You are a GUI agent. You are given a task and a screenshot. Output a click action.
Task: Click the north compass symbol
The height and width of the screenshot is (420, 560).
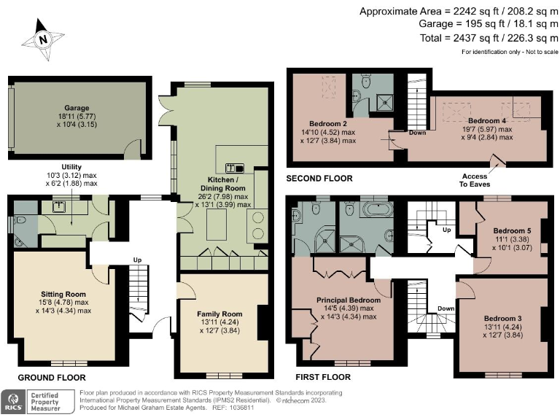(42, 40)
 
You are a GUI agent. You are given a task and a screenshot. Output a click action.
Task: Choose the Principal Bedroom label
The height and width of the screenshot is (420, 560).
(348, 300)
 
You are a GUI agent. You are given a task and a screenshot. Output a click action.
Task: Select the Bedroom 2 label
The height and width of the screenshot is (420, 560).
(328, 123)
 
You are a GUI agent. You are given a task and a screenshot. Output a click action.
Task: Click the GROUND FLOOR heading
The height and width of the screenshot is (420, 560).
(52, 378)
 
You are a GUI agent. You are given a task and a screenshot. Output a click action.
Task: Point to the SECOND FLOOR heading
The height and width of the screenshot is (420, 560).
(319, 178)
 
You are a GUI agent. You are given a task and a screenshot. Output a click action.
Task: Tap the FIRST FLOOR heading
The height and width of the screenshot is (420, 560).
(322, 378)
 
